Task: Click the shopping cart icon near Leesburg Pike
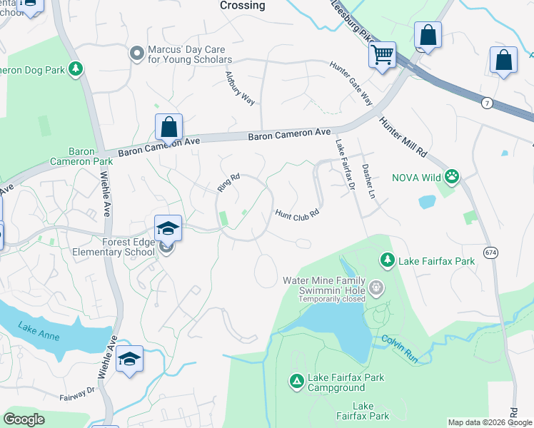(x=383, y=53)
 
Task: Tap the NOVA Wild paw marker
(x=451, y=175)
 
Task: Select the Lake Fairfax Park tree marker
(x=388, y=260)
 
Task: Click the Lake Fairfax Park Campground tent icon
(x=296, y=382)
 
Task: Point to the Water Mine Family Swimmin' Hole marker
(x=377, y=287)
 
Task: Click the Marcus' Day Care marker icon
(x=136, y=53)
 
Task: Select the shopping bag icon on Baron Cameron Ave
(x=169, y=128)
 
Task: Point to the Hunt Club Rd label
(x=296, y=213)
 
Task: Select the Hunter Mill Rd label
(x=403, y=137)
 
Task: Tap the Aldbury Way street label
(x=240, y=88)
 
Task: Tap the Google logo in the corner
(x=24, y=419)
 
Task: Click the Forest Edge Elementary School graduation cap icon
(x=168, y=228)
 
